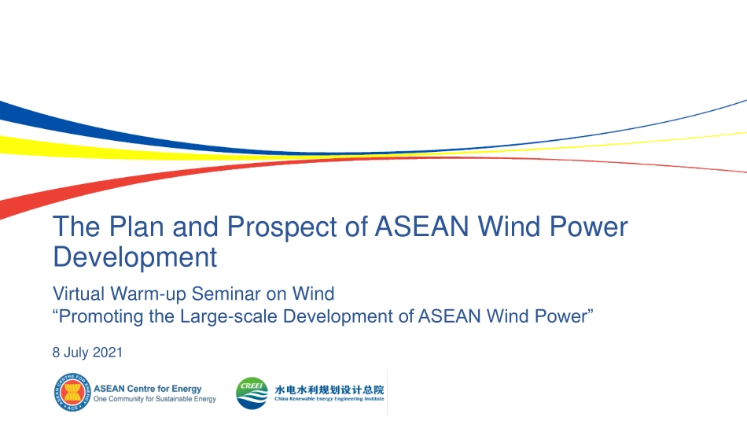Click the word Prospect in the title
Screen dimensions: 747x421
[x=282, y=227]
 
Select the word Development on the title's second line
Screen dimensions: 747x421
[x=134, y=257]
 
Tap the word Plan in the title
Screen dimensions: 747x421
[x=137, y=226]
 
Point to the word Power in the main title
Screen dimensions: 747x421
[x=589, y=226]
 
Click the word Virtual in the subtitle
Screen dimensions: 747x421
[x=79, y=294]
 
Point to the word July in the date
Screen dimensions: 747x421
[x=76, y=353]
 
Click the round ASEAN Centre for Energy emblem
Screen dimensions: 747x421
[x=72, y=392]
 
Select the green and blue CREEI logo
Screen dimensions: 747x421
[x=252, y=393]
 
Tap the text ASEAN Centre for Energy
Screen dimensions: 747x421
[x=148, y=389]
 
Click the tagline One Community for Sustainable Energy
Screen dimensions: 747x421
[x=155, y=399]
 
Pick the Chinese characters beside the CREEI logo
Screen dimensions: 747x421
[x=329, y=390]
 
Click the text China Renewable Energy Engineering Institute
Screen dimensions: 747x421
[x=329, y=399]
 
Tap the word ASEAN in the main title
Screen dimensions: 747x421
[x=422, y=226]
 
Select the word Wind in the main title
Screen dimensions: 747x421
[x=510, y=226]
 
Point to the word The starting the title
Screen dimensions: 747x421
[x=77, y=226]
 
